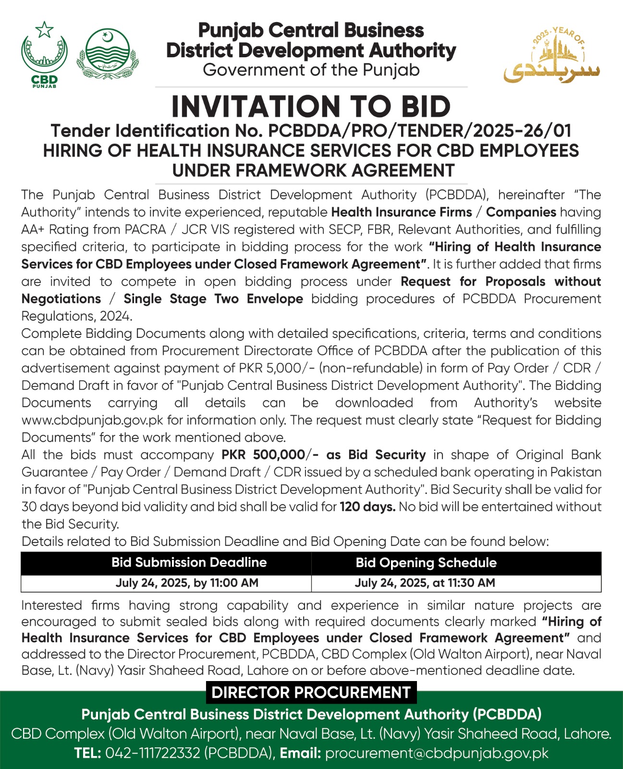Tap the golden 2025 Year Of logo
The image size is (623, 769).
tap(552, 55)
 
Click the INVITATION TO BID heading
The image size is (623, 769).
tap(311, 107)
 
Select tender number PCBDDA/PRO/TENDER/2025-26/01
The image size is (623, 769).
tap(419, 131)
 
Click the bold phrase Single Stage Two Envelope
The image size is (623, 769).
tap(213, 299)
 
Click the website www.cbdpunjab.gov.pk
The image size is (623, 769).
tap(92, 420)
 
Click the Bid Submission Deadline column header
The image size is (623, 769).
tap(189, 562)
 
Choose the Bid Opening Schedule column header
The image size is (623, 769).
tap(426, 563)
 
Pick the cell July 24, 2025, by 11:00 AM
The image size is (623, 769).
tap(187, 583)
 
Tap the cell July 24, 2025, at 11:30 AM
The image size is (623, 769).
tap(425, 583)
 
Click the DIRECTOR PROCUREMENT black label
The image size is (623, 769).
tap(311, 693)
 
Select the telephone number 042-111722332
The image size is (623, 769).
tap(152, 753)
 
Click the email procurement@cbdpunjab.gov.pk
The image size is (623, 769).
tap(437, 753)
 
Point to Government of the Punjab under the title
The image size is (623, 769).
tap(311, 70)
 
